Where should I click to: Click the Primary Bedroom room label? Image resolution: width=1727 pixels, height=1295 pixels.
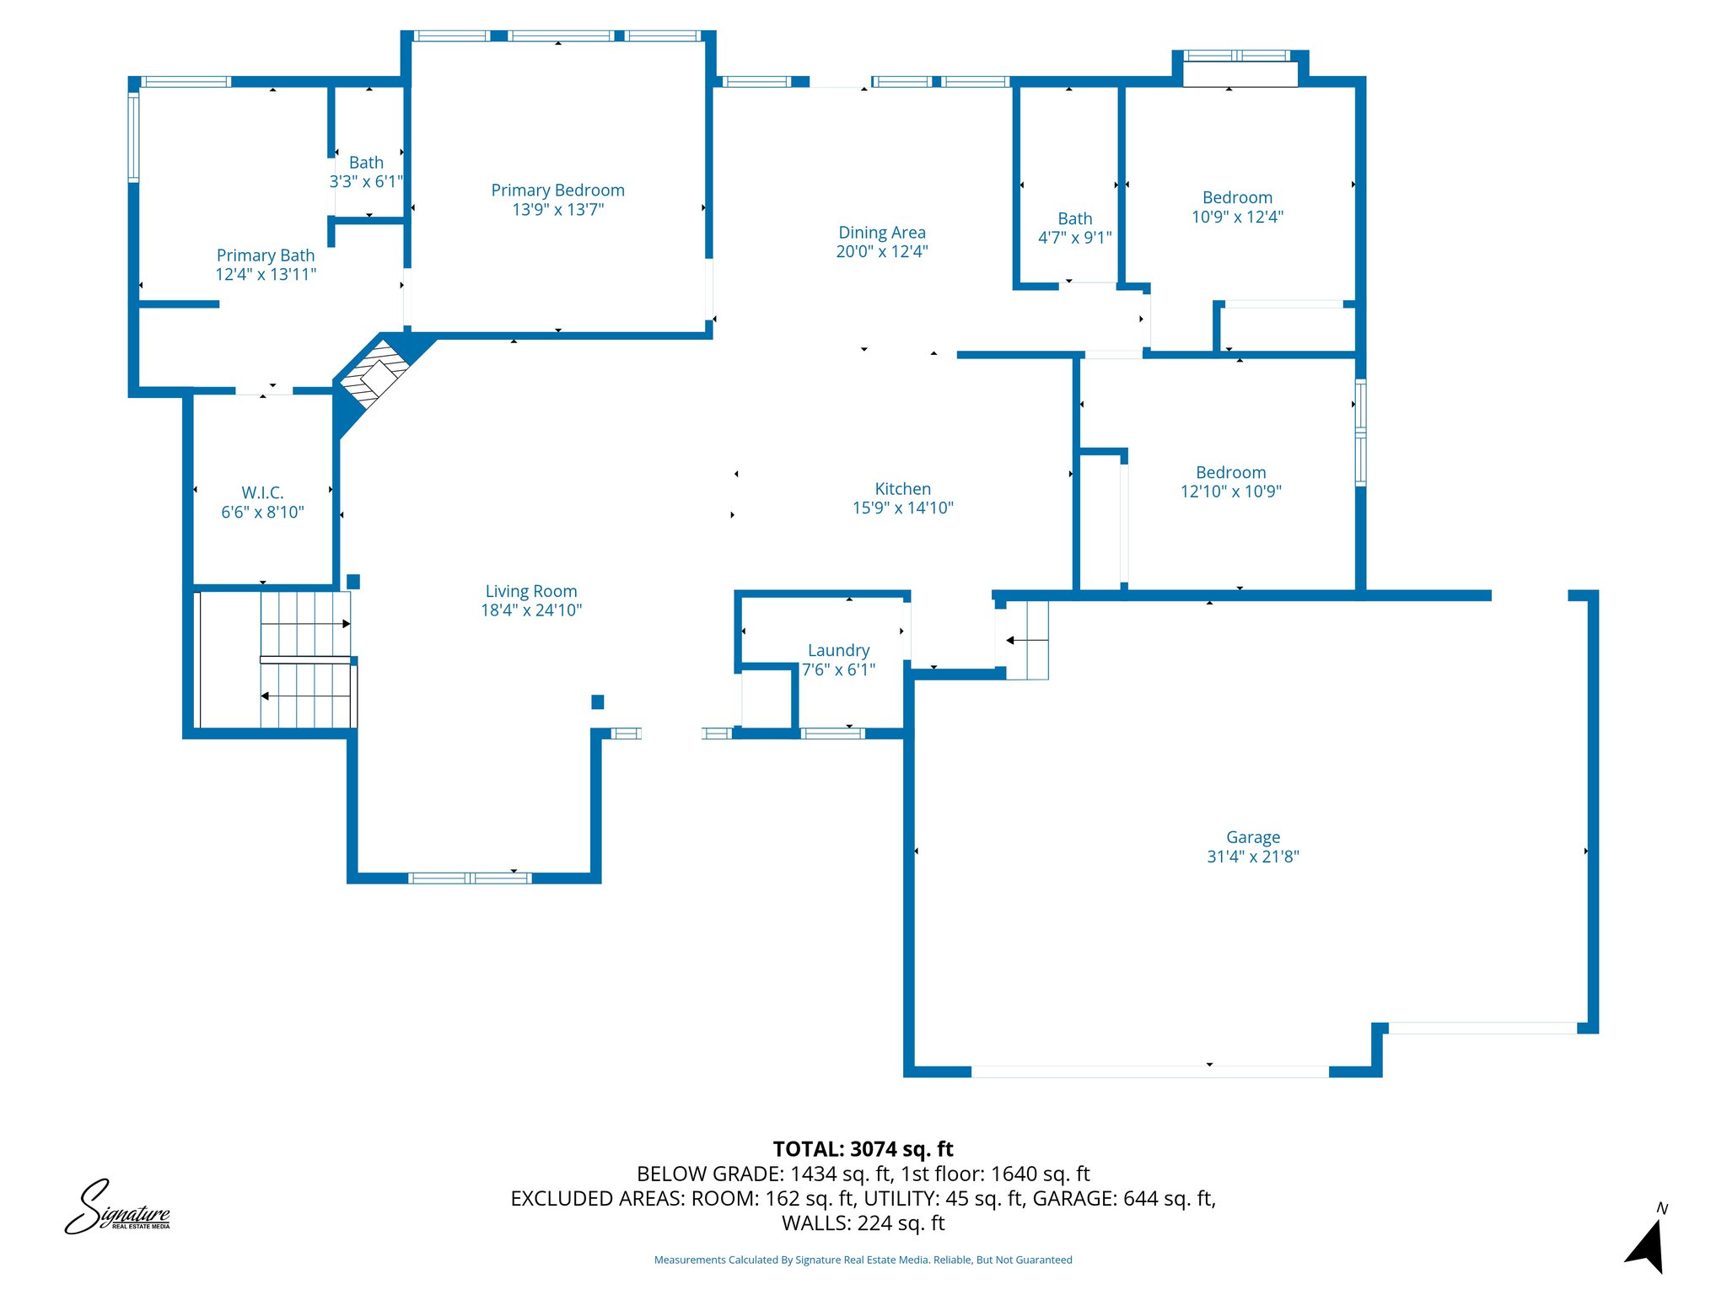557,191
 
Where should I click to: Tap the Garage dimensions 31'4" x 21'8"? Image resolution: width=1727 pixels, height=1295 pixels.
1252,857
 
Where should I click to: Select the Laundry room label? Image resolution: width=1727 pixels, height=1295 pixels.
838,650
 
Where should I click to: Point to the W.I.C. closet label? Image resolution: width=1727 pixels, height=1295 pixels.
262,492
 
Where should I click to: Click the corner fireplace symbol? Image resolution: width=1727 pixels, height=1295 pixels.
375,374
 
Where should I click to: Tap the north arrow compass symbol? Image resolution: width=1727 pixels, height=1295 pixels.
1647,1244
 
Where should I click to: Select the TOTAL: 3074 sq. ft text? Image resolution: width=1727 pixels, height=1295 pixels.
863,1149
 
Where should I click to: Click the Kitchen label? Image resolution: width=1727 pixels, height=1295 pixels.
902,489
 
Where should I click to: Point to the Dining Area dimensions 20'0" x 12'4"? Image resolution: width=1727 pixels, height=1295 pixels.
881,251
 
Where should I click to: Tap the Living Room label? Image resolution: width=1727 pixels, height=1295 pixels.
530,591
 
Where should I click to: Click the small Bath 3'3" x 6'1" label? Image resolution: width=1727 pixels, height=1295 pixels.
366,163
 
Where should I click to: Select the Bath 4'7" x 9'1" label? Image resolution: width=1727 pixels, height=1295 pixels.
1074,219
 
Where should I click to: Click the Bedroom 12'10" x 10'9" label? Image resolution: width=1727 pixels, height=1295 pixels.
1230,473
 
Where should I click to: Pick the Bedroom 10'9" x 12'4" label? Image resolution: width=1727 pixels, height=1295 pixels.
1237,198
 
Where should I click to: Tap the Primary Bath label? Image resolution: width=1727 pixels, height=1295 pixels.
266,255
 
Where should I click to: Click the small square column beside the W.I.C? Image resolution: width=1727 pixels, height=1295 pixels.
353,581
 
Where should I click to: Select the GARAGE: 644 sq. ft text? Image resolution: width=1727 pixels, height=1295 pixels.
1123,1198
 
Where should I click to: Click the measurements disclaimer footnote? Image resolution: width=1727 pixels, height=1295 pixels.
863,1260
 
